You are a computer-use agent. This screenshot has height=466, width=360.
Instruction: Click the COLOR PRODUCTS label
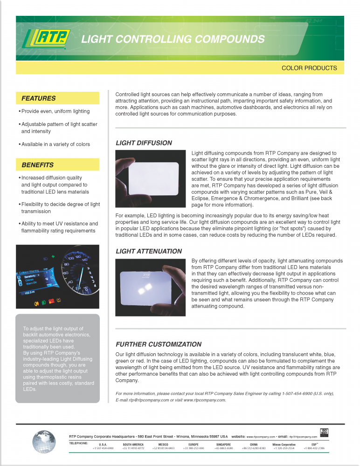pos(309,68)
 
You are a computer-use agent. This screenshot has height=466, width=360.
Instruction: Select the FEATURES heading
pos(38,98)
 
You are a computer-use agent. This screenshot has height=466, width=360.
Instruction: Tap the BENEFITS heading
pos(37,165)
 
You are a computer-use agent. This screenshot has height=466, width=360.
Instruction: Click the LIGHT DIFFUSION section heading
pos(144,143)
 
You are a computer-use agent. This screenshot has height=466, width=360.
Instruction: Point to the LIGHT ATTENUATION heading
pos(149,251)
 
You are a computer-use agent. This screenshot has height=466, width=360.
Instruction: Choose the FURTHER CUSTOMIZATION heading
pos(159,344)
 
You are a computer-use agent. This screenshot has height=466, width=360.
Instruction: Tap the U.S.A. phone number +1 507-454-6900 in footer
pos(103,448)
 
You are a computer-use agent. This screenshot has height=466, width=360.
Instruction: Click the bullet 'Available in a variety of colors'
pos(55,144)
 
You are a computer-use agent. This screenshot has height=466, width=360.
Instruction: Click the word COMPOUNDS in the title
pos(229,39)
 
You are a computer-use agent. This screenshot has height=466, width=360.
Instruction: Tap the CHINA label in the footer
pos(254,445)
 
